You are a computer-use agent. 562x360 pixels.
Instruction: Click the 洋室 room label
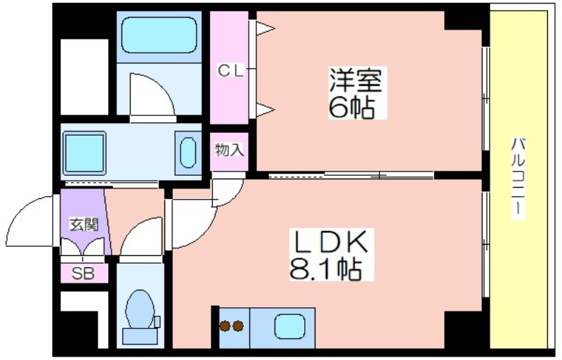[355, 81]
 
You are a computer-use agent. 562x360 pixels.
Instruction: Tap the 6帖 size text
[352, 107]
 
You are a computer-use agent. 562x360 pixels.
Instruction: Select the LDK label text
[331, 241]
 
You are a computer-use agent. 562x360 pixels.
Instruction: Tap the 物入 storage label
[230, 150]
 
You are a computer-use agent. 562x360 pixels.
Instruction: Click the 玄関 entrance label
[84, 225]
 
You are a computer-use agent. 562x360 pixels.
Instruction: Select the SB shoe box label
[83, 274]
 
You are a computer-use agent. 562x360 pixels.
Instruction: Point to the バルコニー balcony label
[518, 177]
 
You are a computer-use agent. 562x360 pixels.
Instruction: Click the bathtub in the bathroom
[159, 35]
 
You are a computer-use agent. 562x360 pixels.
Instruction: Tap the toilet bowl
[140, 309]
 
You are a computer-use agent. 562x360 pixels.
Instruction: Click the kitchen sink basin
[289, 326]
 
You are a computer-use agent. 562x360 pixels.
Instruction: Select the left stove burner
[225, 326]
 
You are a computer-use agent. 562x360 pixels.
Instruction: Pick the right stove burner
[238, 326]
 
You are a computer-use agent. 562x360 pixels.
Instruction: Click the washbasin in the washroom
[188, 153]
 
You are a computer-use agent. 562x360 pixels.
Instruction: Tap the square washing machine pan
[84, 153]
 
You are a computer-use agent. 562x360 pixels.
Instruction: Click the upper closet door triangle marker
[265, 28]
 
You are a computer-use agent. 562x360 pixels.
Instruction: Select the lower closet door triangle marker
[265, 110]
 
